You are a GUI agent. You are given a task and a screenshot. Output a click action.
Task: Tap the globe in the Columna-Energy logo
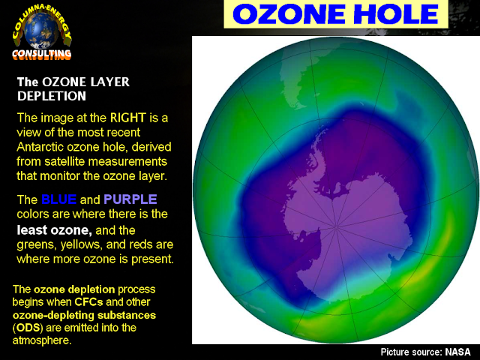click(41, 30)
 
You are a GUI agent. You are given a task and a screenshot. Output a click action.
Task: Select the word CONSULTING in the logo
click(42, 54)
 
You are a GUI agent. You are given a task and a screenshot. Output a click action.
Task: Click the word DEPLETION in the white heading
click(52, 96)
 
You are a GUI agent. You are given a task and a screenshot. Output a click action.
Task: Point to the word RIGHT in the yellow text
click(128, 118)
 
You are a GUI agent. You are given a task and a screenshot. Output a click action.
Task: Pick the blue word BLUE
click(58, 199)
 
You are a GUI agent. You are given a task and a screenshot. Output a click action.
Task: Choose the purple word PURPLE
click(130, 199)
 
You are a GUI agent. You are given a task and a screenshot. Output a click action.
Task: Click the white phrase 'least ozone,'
click(55, 230)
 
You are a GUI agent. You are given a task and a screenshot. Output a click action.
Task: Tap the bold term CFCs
click(88, 301)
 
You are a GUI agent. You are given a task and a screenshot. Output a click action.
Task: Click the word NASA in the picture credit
click(458, 352)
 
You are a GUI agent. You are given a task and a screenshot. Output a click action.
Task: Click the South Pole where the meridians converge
click(336, 226)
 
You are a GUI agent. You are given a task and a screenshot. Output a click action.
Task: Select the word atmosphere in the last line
click(41, 340)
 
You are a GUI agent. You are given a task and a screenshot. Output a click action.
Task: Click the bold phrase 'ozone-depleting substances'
click(84, 315)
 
